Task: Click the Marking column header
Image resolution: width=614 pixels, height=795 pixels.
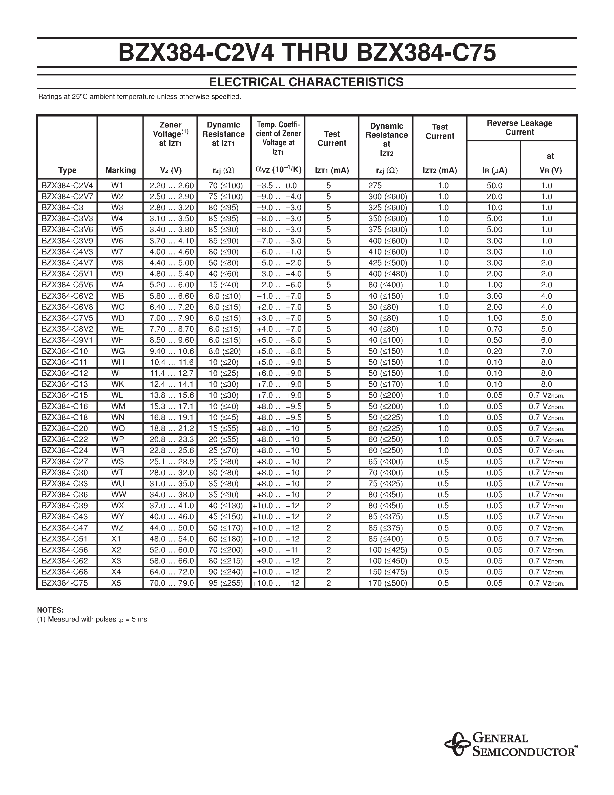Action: [120, 170]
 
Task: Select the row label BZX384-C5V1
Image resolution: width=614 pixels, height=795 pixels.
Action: [67, 274]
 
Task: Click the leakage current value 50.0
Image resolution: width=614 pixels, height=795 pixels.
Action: [494, 186]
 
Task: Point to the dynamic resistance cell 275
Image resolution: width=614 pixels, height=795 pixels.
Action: [375, 186]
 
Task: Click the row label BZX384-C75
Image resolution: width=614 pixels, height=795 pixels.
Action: [65, 583]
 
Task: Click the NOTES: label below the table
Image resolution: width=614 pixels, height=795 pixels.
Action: [50, 610]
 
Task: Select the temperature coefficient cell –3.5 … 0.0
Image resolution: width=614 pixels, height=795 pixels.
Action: [277, 186]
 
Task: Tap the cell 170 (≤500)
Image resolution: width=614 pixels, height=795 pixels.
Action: [388, 583]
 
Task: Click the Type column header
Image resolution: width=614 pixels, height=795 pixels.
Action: [67, 170]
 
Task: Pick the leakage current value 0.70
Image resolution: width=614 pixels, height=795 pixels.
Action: [494, 329]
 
